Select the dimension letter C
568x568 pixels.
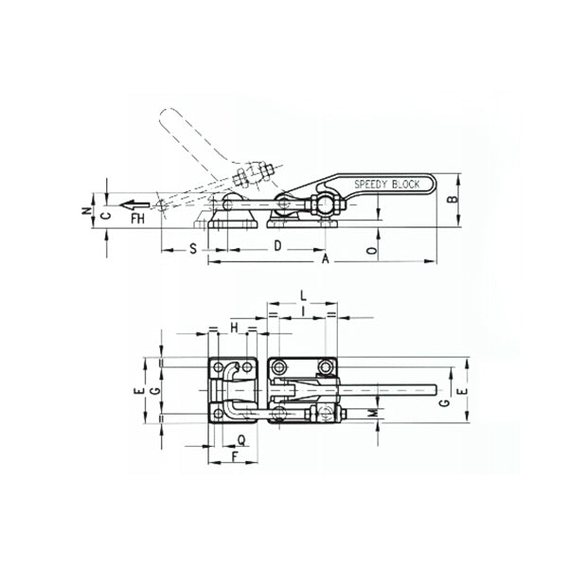pyautogui.click(x=106, y=215)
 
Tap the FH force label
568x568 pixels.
pyautogui.click(x=138, y=220)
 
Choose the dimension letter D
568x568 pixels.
pyautogui.click(x=277, y=246)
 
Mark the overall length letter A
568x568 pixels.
pyautogui.click(x=326, y=257)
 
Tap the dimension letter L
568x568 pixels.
pyautogui.click(x=302, y=295)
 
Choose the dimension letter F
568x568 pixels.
pyautogui.click(x=234, y=457)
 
